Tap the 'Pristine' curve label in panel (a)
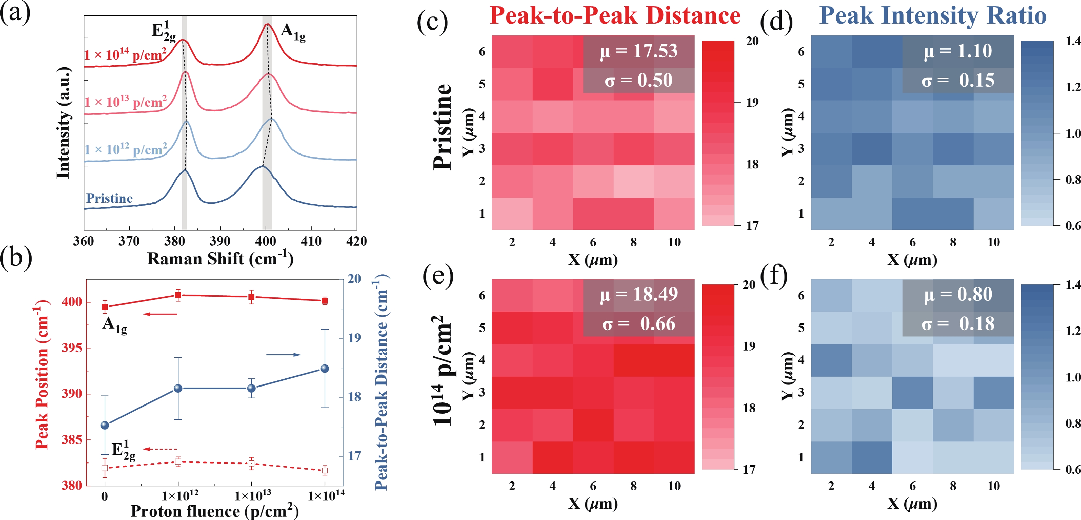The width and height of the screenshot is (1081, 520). coord(109,198)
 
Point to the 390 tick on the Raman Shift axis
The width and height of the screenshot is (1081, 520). coord(220,241)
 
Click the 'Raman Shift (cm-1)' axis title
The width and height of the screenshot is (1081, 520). coord(220,258)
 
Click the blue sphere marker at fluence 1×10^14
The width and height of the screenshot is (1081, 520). coord(324,369)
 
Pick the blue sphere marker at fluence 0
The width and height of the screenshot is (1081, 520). coord(105,425)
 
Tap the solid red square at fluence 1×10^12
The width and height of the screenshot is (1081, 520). coord(178,295)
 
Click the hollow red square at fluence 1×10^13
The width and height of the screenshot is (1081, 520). coord(251,463)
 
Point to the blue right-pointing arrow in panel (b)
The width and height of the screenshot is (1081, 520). coord(284,355)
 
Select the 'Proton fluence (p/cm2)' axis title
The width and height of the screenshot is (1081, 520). coord(214,511)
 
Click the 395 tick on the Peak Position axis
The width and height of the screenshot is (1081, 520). coord(72,348)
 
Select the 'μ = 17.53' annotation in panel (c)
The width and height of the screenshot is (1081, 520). coord(638,51)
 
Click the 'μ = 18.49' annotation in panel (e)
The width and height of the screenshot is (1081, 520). coord(638,294)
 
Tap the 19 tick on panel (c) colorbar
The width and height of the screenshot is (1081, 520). coord(752,102)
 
